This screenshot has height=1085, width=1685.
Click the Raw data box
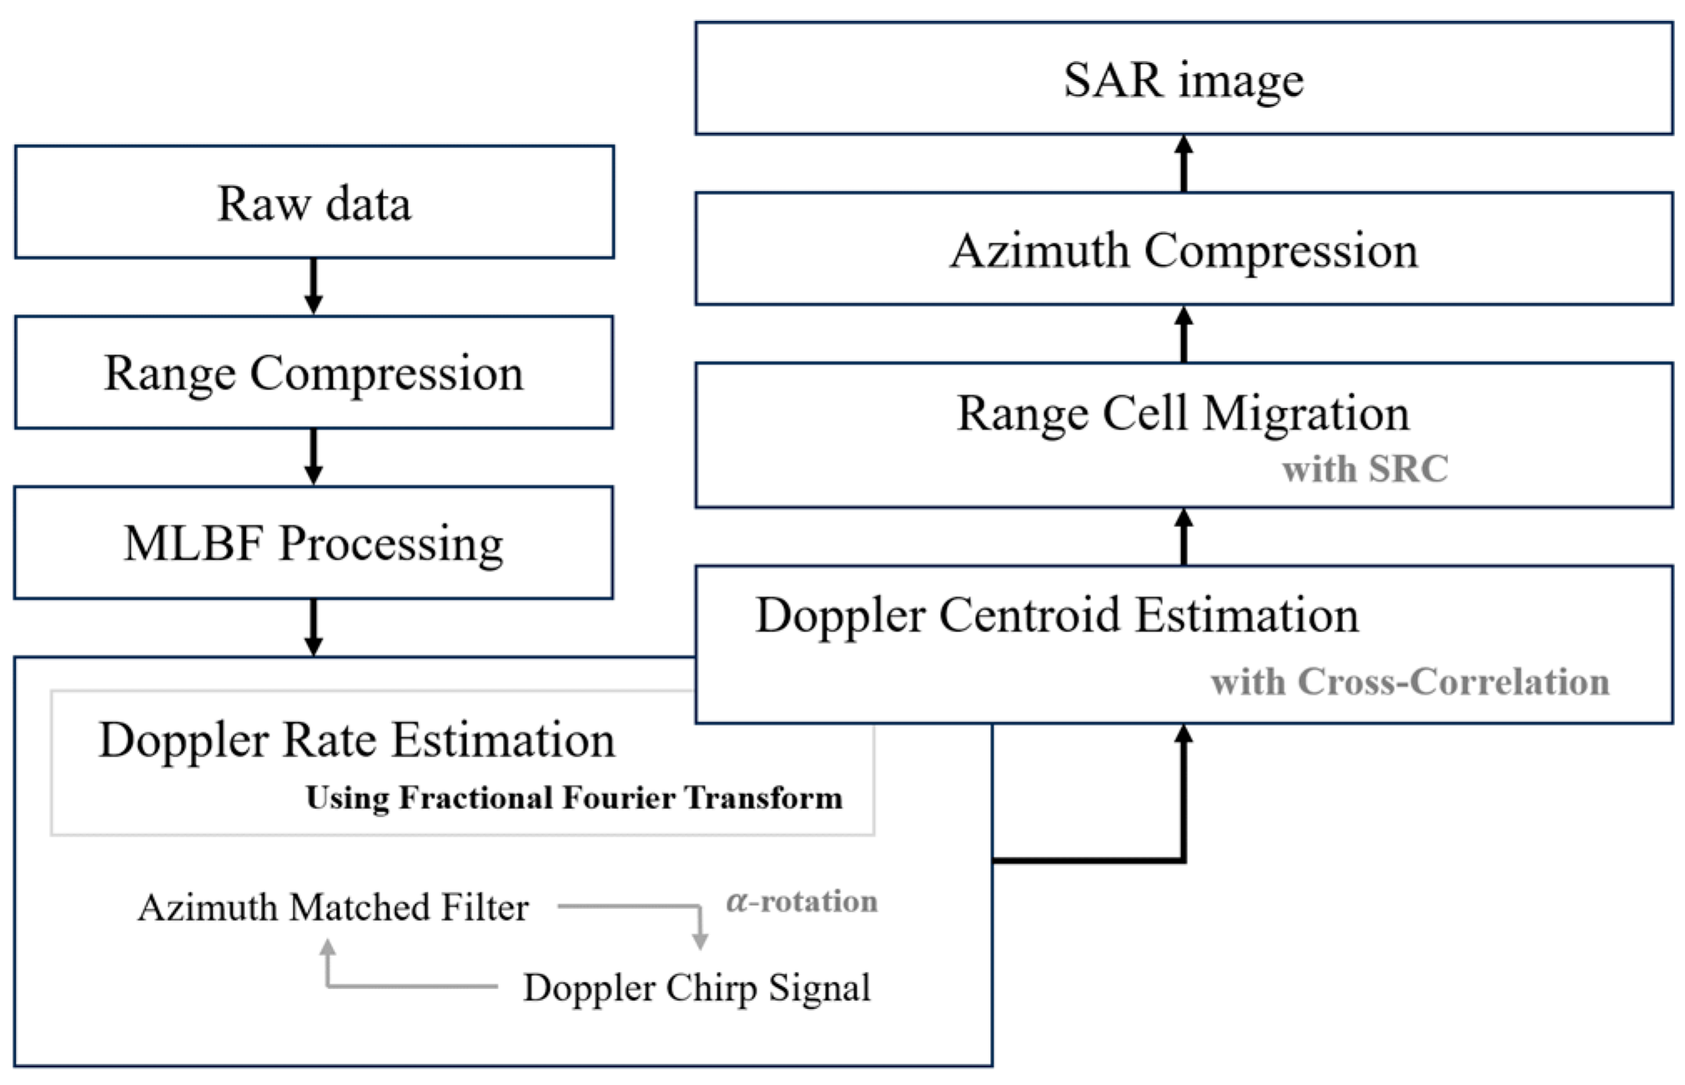pos(314,203)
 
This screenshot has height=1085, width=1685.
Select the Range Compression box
pos(314,373)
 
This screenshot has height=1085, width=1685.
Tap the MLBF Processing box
pos(314,543)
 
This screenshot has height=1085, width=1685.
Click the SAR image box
pos(1183,79)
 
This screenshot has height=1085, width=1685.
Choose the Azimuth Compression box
pos(1183,249)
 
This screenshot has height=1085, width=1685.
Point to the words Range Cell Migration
pos(1183,413)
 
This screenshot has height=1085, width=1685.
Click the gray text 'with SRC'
pos(1365,469)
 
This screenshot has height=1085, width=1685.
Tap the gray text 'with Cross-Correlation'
pos(1410,682)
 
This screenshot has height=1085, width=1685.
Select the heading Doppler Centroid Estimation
pos(1057,615)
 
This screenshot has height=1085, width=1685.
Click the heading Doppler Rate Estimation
pos(357,740)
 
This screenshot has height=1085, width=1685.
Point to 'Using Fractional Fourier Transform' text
pos(574,798)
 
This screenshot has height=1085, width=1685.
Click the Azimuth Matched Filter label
pos(333,907)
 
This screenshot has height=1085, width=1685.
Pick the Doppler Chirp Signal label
pos(697,987)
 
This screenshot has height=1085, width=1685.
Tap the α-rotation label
pos(802,902)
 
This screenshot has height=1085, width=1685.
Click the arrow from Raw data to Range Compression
pos(314,286)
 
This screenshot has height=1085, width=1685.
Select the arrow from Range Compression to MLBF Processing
pos(314,456)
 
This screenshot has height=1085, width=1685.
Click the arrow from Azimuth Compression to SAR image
pos(1183,163)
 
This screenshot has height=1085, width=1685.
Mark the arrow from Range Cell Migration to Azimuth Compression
pos(1183,334)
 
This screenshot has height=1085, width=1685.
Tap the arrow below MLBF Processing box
pos(314,627)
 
